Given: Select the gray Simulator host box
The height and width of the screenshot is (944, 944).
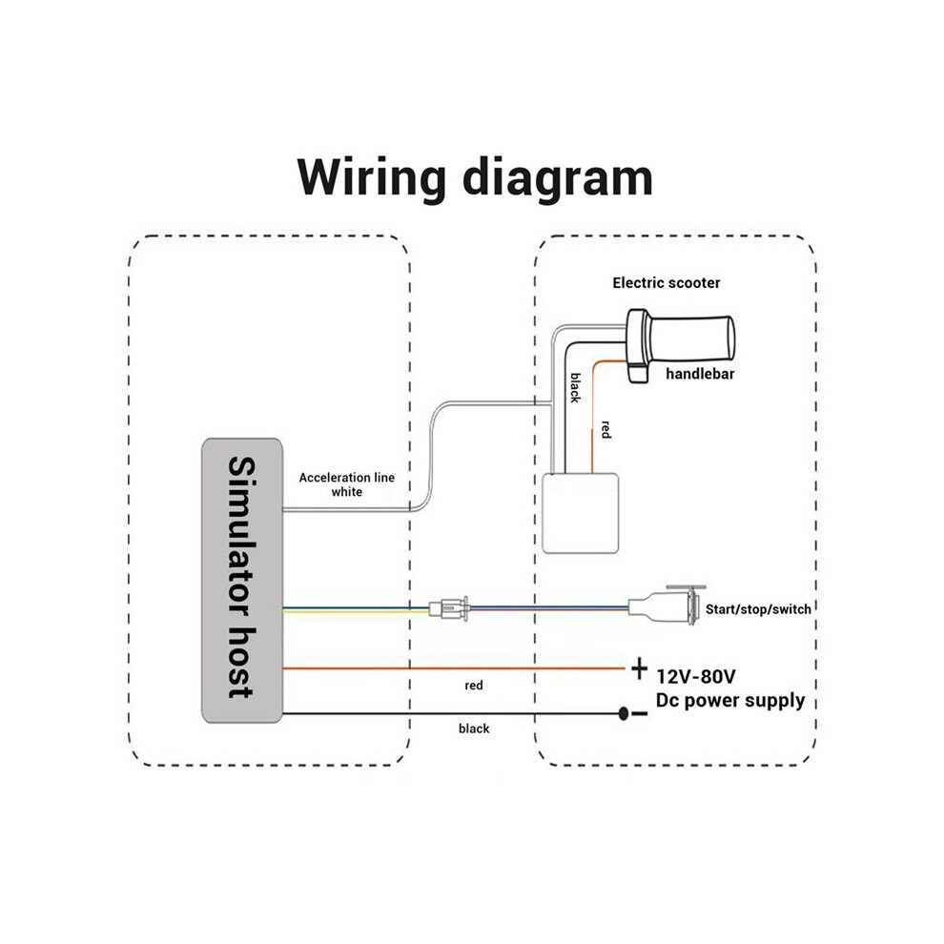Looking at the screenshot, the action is pos(242,581).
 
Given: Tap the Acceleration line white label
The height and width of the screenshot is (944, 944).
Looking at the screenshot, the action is pos(347,484).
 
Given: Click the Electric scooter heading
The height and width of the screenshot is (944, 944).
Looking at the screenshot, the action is pos(666,283).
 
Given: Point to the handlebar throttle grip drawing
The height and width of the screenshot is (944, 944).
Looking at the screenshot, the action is pos(680,343).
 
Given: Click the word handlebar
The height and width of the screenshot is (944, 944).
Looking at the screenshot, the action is pos(700,374).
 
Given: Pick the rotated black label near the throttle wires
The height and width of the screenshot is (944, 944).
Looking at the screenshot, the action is pos(576,388).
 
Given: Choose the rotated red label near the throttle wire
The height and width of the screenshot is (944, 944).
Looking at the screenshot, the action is pos(606,430).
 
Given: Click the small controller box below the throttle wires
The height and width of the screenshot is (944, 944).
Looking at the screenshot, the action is pos(581,513).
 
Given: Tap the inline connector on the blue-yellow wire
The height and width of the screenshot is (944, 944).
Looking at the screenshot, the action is pos(449,608).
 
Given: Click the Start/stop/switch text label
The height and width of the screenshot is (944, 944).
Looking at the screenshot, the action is pos(758,609).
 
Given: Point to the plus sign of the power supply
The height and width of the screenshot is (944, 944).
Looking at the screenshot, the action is pos(639,668).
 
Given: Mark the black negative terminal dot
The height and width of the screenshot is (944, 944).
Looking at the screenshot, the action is pos(624,714).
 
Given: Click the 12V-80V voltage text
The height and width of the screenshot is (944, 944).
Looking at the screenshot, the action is pos(695,677).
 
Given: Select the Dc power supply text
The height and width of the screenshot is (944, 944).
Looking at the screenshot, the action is pos(730,701).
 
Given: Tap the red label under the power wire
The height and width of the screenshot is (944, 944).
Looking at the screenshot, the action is pos(474,686).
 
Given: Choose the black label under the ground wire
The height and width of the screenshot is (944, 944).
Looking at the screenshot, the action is pos(474,729).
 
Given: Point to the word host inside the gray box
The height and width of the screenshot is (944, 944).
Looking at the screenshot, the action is pos(241,664).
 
